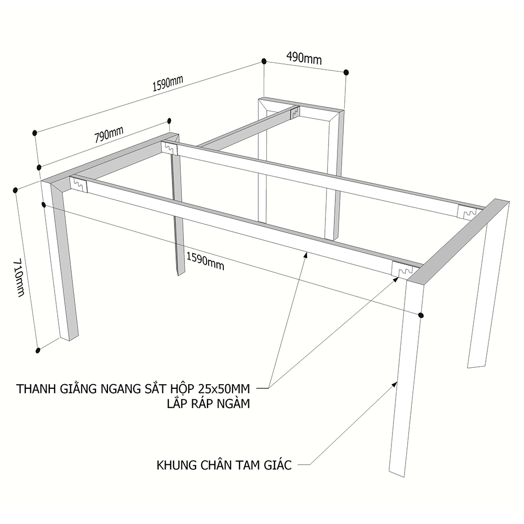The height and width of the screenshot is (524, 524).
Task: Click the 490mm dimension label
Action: pos(303,58)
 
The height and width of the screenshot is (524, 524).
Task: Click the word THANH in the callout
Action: pos(34,389)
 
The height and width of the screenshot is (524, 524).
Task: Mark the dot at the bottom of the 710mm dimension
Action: pos(38,350)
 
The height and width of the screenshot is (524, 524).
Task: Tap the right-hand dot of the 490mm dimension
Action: pos(346,72)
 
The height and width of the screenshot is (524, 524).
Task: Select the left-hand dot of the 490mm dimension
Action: pos(264,62)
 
